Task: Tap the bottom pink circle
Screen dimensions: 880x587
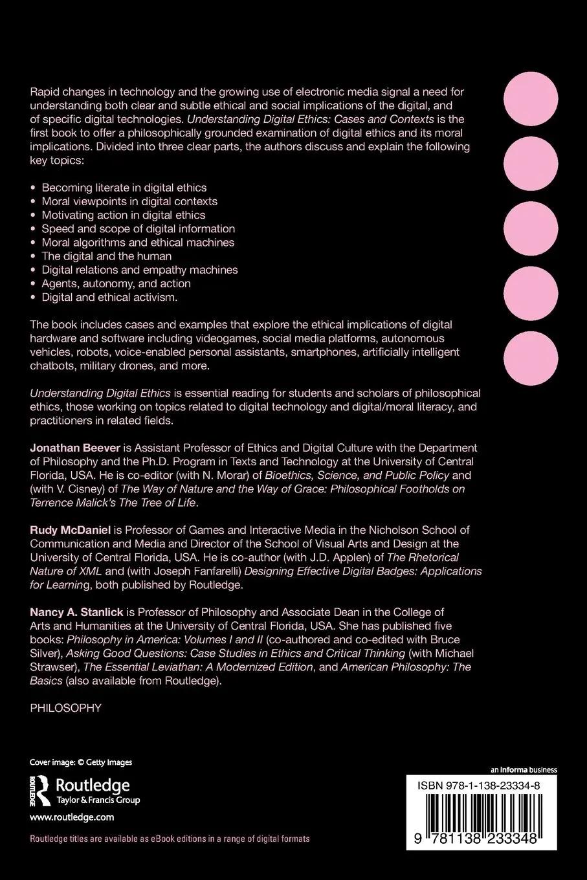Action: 535,359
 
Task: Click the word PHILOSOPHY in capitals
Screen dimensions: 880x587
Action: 66,708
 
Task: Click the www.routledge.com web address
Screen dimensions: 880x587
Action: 72,817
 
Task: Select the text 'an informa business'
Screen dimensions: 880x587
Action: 524,770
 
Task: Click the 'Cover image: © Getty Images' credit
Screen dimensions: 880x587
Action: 81,762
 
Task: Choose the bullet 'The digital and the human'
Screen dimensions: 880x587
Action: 107,256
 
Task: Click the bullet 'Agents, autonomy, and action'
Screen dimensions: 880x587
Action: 116,283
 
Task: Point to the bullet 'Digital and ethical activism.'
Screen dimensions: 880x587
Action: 109,298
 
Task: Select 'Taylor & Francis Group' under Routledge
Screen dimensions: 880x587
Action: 98,800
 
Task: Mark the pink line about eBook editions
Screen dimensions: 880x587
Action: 170,839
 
